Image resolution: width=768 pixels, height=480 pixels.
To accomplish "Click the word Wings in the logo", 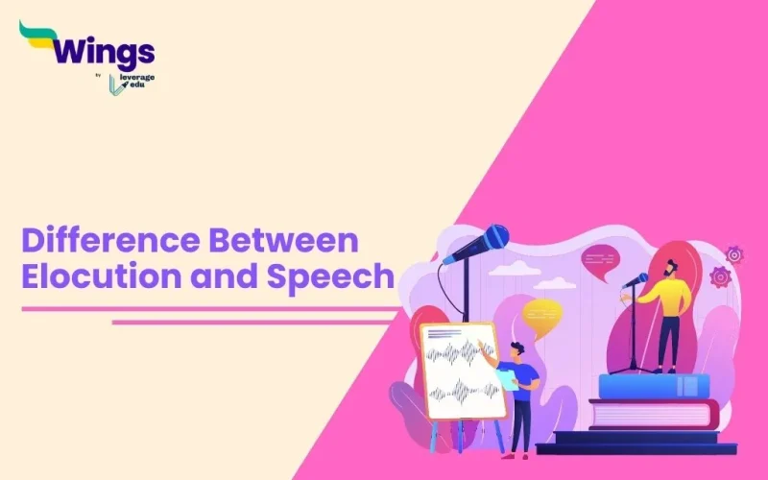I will click(103, 50).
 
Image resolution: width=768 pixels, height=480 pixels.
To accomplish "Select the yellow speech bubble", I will click(542, 312).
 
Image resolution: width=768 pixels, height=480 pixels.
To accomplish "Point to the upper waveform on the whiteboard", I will click(460, 353).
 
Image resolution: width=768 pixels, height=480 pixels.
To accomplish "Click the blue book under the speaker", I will click(653, 386).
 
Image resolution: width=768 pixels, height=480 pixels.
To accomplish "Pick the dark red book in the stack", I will click(653, 414).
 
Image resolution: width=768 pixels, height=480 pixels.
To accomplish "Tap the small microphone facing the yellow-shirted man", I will click(636, 280).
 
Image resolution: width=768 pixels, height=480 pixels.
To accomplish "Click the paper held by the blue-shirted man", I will click(505, 380).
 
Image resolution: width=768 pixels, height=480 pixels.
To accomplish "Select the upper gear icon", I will click(734, 254).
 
